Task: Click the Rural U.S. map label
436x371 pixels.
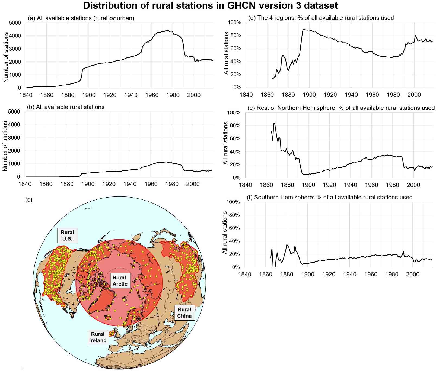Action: [67, 235]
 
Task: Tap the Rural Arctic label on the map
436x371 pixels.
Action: [120, 280]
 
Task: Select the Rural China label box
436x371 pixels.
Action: [184, 313]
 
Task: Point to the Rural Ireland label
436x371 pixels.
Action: [98, 337]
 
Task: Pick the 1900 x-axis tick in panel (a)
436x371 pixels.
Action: [89, 95]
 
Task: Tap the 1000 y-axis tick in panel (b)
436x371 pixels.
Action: [15, 164]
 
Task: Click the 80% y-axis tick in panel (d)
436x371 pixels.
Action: [234, 36]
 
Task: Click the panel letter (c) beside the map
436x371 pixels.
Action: [28, 200]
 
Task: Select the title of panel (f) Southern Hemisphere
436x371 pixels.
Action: [329, 197]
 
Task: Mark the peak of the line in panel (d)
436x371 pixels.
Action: [304, 29]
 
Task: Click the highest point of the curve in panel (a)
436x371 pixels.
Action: [167, 30]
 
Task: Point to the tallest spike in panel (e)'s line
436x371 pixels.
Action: [274, 124]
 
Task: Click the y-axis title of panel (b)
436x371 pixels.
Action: [5, 146]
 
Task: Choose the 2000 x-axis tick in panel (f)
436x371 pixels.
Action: [413, 275]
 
